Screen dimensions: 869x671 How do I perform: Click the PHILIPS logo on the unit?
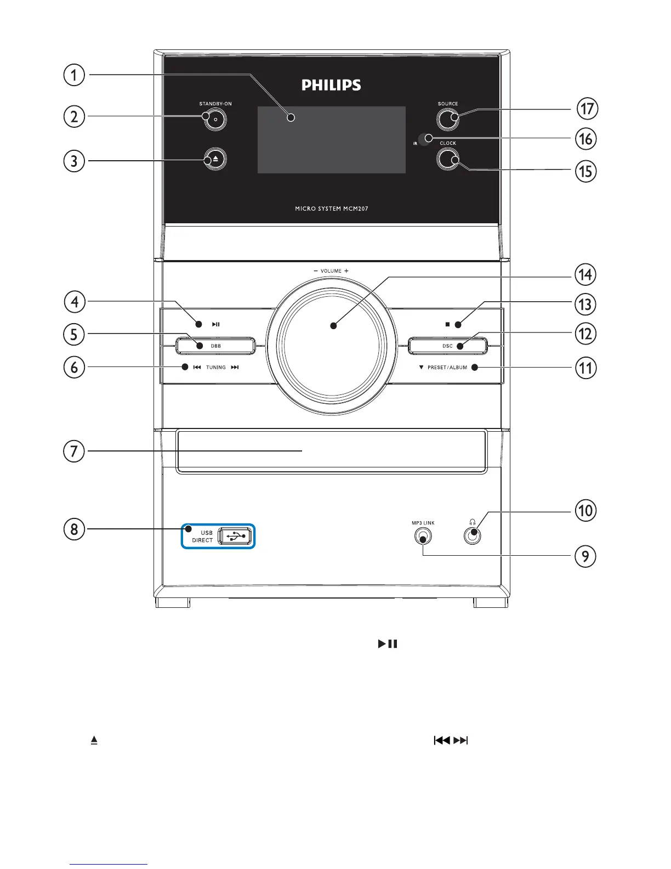coord(331,85)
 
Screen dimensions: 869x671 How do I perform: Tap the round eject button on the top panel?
coord(215,159)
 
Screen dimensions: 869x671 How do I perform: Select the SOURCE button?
coord(448,119)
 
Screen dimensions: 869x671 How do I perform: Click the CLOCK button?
coord(448,159)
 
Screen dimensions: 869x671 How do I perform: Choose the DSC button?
coord(447,346)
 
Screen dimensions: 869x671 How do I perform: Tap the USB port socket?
coord(236,536)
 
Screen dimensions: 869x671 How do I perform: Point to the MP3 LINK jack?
coord(423,536)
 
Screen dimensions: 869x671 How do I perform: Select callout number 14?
coord(585,274)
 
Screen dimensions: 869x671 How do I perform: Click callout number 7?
coord(74,452)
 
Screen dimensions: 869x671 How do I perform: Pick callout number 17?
coord(587,109)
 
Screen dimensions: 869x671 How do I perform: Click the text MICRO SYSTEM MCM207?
coord(331,209)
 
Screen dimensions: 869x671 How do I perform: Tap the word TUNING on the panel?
coord(216,368)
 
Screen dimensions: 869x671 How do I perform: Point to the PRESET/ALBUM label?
coord(447,368)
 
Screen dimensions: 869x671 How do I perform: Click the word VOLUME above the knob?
coord(331,271)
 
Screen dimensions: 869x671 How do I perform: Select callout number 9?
coord(585,556)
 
